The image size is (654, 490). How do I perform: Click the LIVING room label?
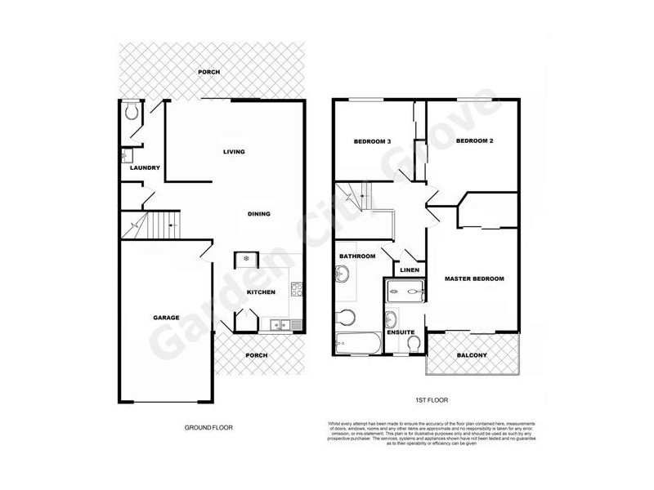(235, 152)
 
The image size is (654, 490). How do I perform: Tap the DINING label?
(258, 214)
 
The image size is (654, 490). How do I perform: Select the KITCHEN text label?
(261, 292)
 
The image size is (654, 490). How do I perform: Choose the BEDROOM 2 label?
(474, 141)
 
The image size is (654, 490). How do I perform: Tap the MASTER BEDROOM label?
(474, 278)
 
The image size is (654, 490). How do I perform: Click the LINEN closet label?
(410, 270)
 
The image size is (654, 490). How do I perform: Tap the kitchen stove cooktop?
(296, 288)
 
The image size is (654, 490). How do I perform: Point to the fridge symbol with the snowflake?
(247, 260)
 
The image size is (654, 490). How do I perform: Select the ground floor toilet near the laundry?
(132, 112)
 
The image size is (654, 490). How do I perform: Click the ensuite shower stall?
(404, 291)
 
